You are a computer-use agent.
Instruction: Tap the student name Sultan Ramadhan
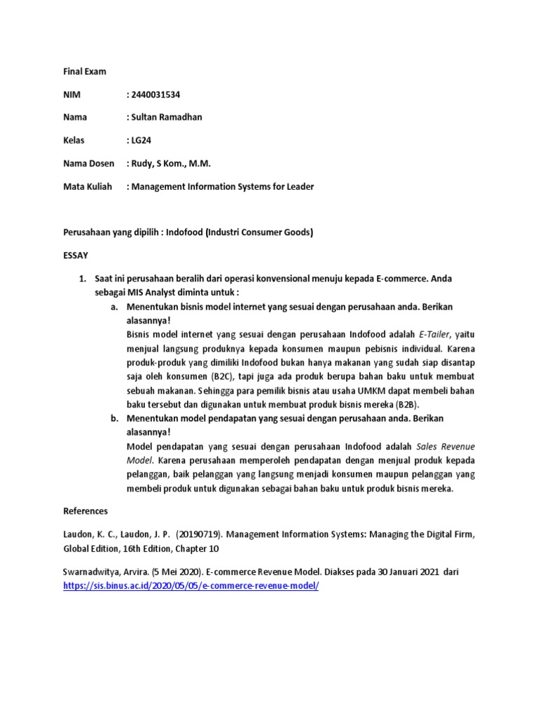coord(167,117)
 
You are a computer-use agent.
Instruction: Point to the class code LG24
coord(142,140)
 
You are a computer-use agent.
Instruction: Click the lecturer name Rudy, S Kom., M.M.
coord(170,163)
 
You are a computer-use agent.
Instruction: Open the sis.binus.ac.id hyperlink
coord(191,585)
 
